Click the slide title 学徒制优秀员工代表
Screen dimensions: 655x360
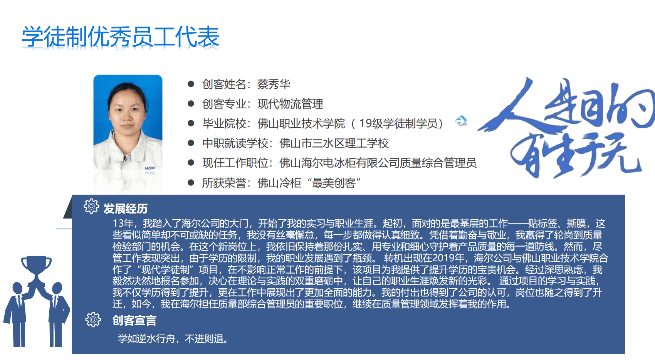121,37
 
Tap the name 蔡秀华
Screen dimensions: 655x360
274,84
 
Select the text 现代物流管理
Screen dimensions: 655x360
290,104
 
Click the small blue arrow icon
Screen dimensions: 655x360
461,121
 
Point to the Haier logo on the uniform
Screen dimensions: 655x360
150,168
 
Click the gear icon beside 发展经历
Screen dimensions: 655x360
91,206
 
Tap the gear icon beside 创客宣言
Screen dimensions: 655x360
93,320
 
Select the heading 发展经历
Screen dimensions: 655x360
126,209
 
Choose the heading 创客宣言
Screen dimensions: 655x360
134,321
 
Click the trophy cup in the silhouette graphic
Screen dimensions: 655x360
36,269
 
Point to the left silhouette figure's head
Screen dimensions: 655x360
17,288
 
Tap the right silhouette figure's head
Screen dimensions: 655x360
57,288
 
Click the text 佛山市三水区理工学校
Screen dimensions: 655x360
334,143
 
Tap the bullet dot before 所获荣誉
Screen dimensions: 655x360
191,183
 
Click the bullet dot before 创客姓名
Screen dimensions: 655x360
191,84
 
